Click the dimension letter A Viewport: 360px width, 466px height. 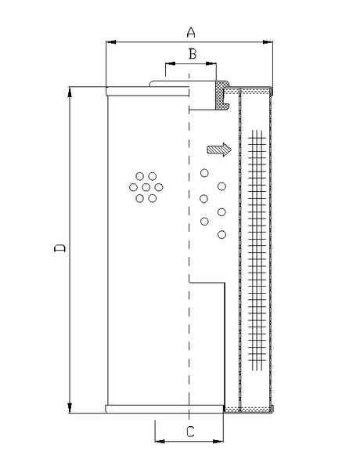coord(189,31)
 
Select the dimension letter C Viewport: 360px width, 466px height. coord(189,430)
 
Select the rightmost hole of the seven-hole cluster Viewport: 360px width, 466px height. coord(159,187)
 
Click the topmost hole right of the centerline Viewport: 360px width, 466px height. coord(205,173)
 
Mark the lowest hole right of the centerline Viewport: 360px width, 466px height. coord(221,234)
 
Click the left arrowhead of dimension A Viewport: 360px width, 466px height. coord(109,42)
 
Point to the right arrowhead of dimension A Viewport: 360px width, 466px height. coord(268,42)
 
